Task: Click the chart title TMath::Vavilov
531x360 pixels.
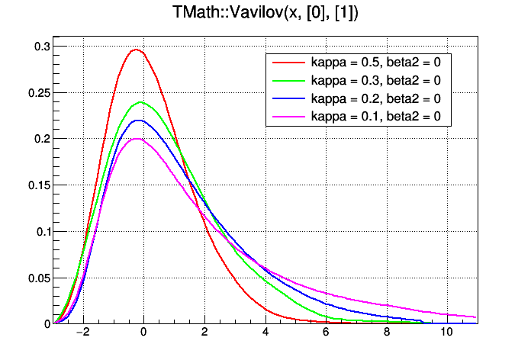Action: pyautogui.click(x=265, y=13)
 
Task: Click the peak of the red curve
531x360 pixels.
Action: pyautogui.click(x=137, y=50)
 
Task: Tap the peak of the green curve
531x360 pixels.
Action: pyautogui.click(x=140, y=102)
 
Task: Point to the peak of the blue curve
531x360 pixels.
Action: pyautogui.click(x=139, y=120)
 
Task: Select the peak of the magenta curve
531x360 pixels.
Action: pyautogui.click(x=137, y=139)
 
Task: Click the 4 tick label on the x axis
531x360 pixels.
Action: pyautogui.click(x=265, y=333)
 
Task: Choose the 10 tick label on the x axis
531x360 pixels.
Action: pyautogui.click(x=446, y=333)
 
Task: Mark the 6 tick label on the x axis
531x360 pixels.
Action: pyautogui.click(x=326, y=333)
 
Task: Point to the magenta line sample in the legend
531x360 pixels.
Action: pyautogui.click(x=288, y=117)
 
